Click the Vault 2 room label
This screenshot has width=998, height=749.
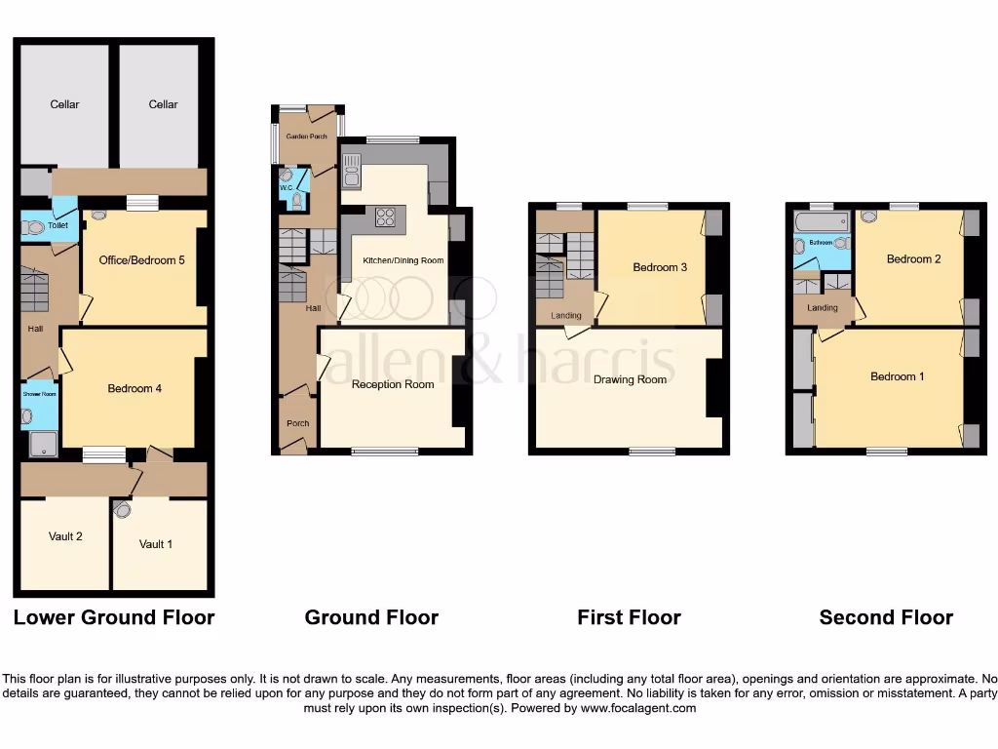pos(65,536)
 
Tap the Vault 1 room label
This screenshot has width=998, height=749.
pos(156,544)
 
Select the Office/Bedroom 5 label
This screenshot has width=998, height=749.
pos(142,260)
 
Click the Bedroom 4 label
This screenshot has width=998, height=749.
pos(134,388)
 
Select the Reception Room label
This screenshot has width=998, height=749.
pos(393,384)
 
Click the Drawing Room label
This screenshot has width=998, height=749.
pos(631,379)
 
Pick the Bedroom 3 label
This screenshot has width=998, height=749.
pos(655,267)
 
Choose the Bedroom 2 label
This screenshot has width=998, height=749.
pos(913,259)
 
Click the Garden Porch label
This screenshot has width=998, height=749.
pos(306,138)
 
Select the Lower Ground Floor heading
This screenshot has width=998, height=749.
pos(113,617)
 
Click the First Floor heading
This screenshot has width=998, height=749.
pos(629,617)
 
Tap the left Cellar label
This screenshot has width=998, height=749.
pos(65,104)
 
